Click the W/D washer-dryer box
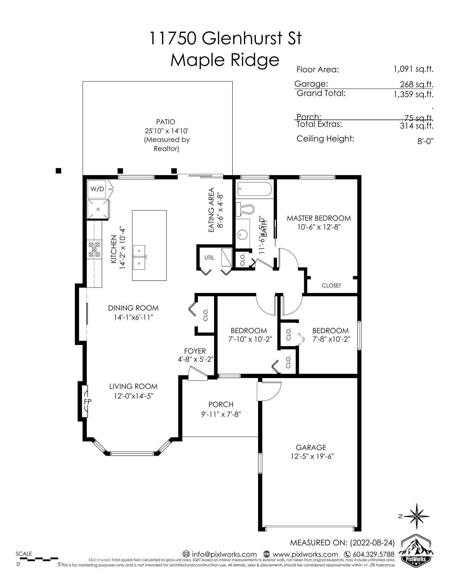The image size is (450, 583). click(x=97, y=189)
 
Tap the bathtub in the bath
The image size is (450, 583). click(x=254, y=189)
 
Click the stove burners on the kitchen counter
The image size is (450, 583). click(x=95, y=250)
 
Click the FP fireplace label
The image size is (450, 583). click(x=87, y=401)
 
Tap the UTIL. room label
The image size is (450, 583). click(x=210, y=258)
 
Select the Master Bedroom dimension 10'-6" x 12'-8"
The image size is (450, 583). click(x=319, y=227)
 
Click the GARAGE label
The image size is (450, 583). click(x=311, y=447)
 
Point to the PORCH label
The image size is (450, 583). click(x=221, y=404)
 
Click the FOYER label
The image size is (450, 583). click(x=195, y=351)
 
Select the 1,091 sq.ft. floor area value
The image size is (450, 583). click(x=413, y=69)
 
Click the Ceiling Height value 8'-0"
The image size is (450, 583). click(x=426, y=141)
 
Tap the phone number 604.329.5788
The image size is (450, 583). click(x=373, y=554)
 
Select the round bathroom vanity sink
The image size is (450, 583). click(x=241, y=234)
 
